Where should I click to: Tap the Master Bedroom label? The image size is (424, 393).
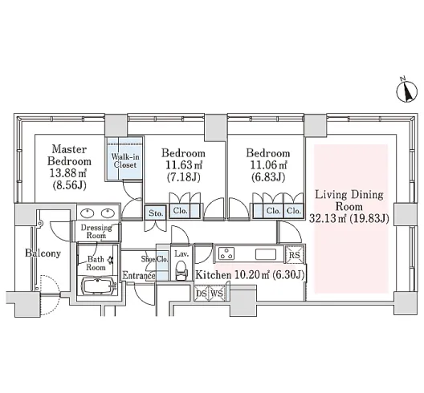(x=69, y=156)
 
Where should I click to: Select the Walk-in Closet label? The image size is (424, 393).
(x=125, y=160)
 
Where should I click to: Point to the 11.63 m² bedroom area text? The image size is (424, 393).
(x=183, y=164)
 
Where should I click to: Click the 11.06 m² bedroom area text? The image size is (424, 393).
(x=268, y=164)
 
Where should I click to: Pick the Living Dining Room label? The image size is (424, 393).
(x=349, y=201)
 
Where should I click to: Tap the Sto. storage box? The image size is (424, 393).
(x=155, y=213)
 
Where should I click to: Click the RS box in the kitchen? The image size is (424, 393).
(x=295, y=254)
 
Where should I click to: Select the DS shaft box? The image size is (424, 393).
(x=202, y=293)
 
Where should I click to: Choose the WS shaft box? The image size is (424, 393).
(x=217, y=293)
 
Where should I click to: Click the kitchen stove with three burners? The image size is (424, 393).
(x=226, y=253)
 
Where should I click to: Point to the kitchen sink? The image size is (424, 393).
(x=266, y=254)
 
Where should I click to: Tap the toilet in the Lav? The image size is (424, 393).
(x=181, y=270)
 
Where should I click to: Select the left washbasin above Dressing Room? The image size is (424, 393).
(x=88, y=213)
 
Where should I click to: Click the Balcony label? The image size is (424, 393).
(x=43, y=253)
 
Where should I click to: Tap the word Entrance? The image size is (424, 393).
(x=139, y=276)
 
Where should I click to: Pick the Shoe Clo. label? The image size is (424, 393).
(x=155, y=259)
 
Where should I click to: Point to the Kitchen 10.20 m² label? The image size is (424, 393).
(x=250, y=275)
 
